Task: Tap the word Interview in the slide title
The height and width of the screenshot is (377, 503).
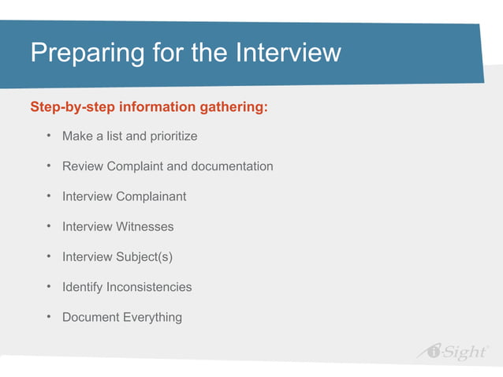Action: [288, 53]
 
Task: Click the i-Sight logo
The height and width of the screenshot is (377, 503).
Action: [452, 352]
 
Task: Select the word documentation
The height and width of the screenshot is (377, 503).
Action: [232, 166]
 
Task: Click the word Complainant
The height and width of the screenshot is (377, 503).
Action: [151, 196]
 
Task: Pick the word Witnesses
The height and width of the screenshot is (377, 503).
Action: [144, 226]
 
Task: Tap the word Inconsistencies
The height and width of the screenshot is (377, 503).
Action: [149, 287]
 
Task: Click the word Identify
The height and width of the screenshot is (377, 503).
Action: [83, 287]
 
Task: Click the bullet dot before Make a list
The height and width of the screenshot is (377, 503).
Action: [48, 136]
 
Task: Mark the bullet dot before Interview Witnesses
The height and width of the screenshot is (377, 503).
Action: [48, 226]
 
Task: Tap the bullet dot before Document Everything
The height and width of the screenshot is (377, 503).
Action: [48, 317]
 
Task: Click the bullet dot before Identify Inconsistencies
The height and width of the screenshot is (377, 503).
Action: [48, 287]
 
